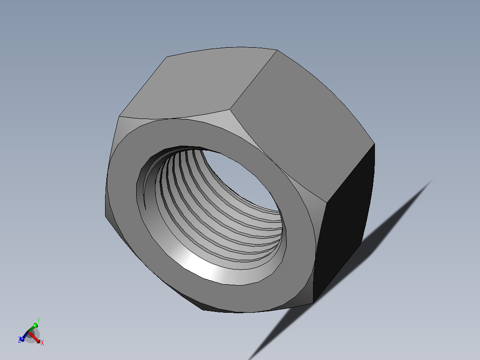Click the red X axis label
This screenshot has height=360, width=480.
[x=42, y=343]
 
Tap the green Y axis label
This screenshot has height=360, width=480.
[x=38, y=320]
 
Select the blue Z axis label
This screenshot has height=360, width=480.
[x=20, y=340]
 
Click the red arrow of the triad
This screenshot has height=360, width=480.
[x=36, y=338]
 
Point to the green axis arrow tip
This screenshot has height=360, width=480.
[x=35, y=325]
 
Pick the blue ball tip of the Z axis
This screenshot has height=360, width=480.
[x=22, y=339]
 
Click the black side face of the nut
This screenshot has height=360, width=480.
[x=345, y=223]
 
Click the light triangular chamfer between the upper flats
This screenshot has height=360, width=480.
[x=223, y=117]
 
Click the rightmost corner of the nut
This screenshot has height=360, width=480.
[x=374, y=144]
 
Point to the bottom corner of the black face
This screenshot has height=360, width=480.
[x=313, y=303]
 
